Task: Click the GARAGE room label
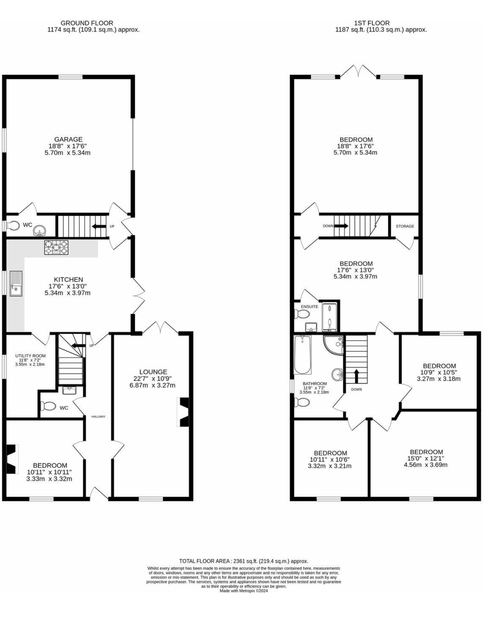(x=68, y=139)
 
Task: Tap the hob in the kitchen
(x=56, y=247)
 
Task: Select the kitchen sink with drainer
(x=16, y=284)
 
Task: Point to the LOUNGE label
(x=153, y=372)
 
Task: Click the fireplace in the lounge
(x=183, y=412)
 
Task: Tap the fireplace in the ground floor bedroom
(x=12, y=459)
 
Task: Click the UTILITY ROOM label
(x=30, y=356)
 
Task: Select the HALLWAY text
(x=98, y=416)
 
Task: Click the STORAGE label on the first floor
(x=405, y=226)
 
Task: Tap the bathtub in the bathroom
(x=302, y=354)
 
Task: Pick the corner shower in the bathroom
(x=333, y=345)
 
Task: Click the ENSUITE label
(x=309, y=307)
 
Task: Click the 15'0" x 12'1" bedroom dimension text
(x=426, y=458)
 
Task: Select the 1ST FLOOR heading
(x=372, y=23)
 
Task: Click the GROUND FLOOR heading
(x=87, y=23)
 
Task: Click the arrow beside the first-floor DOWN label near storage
(x=341, y=226)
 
